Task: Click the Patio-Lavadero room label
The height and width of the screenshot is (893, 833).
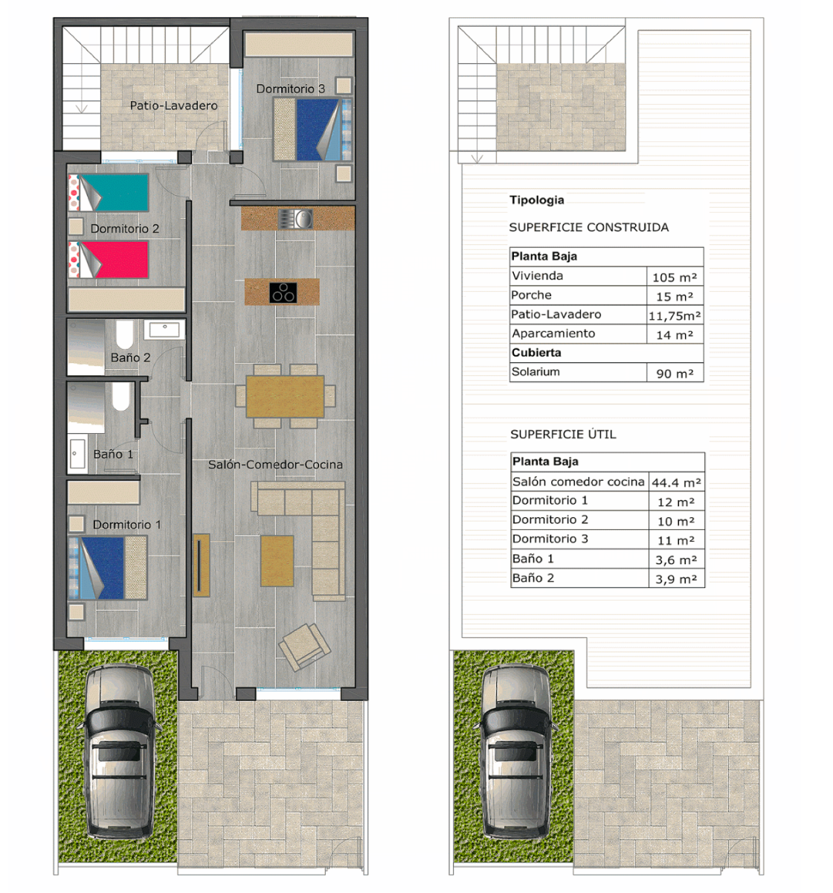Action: point(173,106)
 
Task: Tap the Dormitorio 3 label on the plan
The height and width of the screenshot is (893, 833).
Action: point(290,89)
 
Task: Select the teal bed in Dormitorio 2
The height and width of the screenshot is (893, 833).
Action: point(109,193)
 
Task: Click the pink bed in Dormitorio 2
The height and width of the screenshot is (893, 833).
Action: point(109,260)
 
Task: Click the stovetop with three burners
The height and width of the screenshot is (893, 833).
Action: point(283,292)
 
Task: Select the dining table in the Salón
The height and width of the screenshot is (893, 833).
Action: point(285,396)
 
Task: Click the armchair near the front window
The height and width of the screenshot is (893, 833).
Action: point(304,645)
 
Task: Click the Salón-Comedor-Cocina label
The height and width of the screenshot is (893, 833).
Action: point(275,464)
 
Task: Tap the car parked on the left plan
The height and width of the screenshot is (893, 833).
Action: point(119,752)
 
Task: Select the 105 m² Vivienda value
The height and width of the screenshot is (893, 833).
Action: point(675,278)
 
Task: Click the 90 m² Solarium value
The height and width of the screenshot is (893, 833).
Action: point(675,374)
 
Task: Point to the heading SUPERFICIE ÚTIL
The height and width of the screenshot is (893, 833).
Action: point(563,435)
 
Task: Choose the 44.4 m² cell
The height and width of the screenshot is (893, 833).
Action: point(676,482)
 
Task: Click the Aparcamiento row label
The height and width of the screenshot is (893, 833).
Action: point(553,333)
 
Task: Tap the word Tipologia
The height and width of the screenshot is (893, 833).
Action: point(536,199)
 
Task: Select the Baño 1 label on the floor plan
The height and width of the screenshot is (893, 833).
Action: point(113,454)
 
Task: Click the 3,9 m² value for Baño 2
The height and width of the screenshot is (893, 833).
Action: point(676,579)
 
